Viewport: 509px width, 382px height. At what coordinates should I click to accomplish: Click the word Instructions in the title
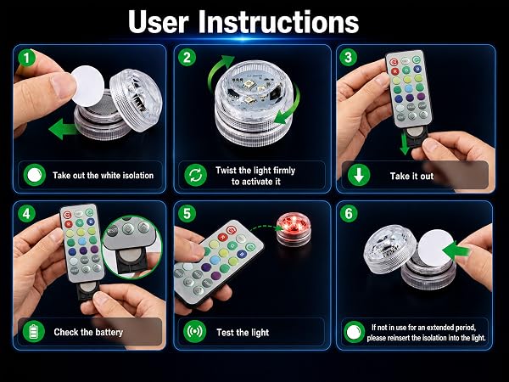pos(278,21)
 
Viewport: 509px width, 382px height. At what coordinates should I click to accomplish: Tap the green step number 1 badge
pos(27,58)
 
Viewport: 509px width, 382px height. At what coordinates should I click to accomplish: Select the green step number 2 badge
pos(187,58)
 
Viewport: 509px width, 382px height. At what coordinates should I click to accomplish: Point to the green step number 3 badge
pos(349,58)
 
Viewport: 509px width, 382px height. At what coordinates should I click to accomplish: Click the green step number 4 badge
pos(26,214)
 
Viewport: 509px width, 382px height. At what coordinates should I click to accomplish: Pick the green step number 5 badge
pos(187,214)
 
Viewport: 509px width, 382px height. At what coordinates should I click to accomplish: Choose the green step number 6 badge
pos(349,214)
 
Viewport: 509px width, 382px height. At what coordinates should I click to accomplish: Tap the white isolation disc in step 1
pos(87,86)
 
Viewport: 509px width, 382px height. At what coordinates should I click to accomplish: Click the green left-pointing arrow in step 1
pos(63,129)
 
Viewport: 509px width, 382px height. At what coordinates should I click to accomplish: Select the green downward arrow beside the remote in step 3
pos(405,143)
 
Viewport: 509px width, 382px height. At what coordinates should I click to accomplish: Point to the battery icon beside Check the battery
pos(34,332)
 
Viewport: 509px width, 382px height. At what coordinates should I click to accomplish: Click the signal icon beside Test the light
pos(195,331)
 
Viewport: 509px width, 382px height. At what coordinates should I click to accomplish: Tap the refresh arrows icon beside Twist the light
pos(195,175)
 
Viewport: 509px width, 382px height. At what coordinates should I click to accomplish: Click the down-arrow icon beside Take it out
pos(359,175)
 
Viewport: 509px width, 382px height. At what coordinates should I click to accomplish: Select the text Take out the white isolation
pos(103,176)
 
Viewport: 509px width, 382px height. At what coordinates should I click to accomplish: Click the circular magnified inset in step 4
pos(131,247)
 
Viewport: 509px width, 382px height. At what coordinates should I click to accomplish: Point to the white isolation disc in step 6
pos(435,249)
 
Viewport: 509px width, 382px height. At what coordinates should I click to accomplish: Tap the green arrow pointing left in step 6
pos(456,250)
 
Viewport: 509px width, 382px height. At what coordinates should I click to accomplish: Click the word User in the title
pos(159,21)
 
